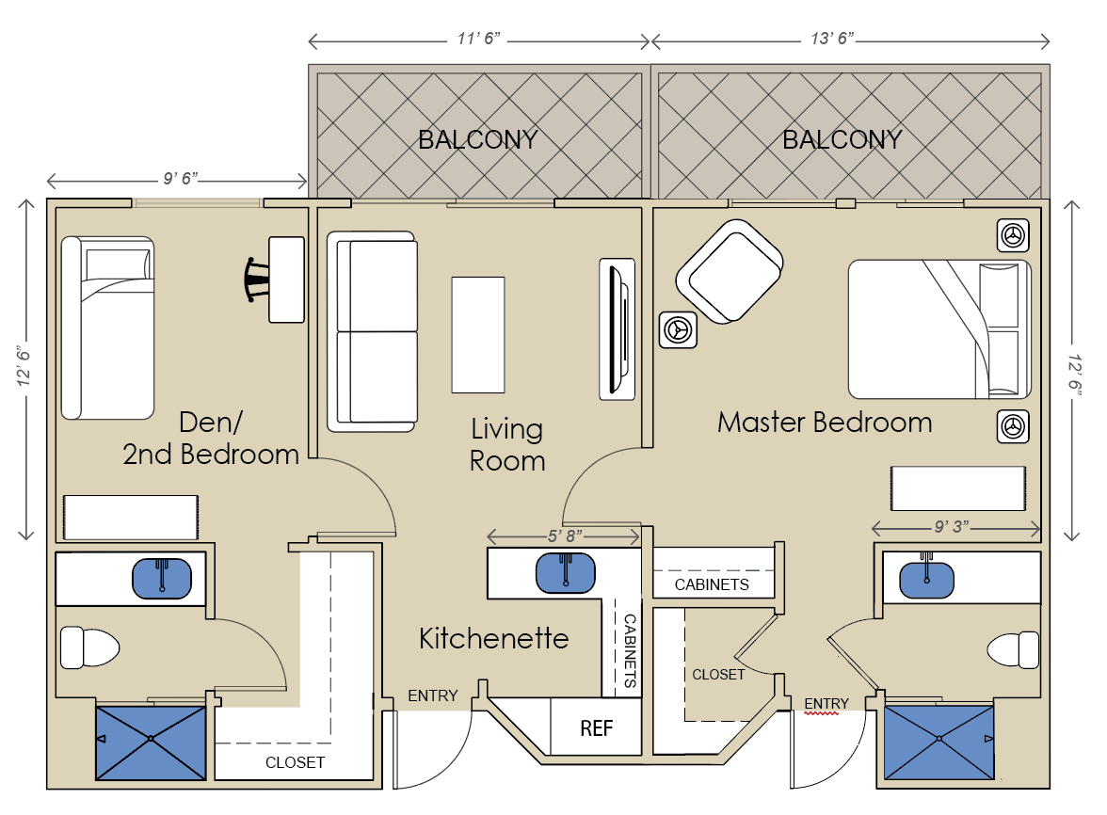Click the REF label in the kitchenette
(596, 728)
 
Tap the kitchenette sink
(566, 572)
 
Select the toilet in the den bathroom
(89, 647)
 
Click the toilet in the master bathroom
(1013, 649)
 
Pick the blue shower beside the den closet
(151, 743)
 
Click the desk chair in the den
(257, 280)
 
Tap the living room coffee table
(478, 334)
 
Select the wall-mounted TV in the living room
(618, 328)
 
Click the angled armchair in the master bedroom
(730, 272)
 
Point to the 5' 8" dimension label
(565, 536)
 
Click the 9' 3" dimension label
(951, 527)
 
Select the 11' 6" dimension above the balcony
(478, 39)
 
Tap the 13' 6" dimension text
(832, 38)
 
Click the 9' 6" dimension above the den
(181, 179)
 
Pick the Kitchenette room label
(493, 639)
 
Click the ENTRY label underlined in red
(826, 704)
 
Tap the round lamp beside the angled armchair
(678, 330)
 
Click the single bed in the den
(107, 328)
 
